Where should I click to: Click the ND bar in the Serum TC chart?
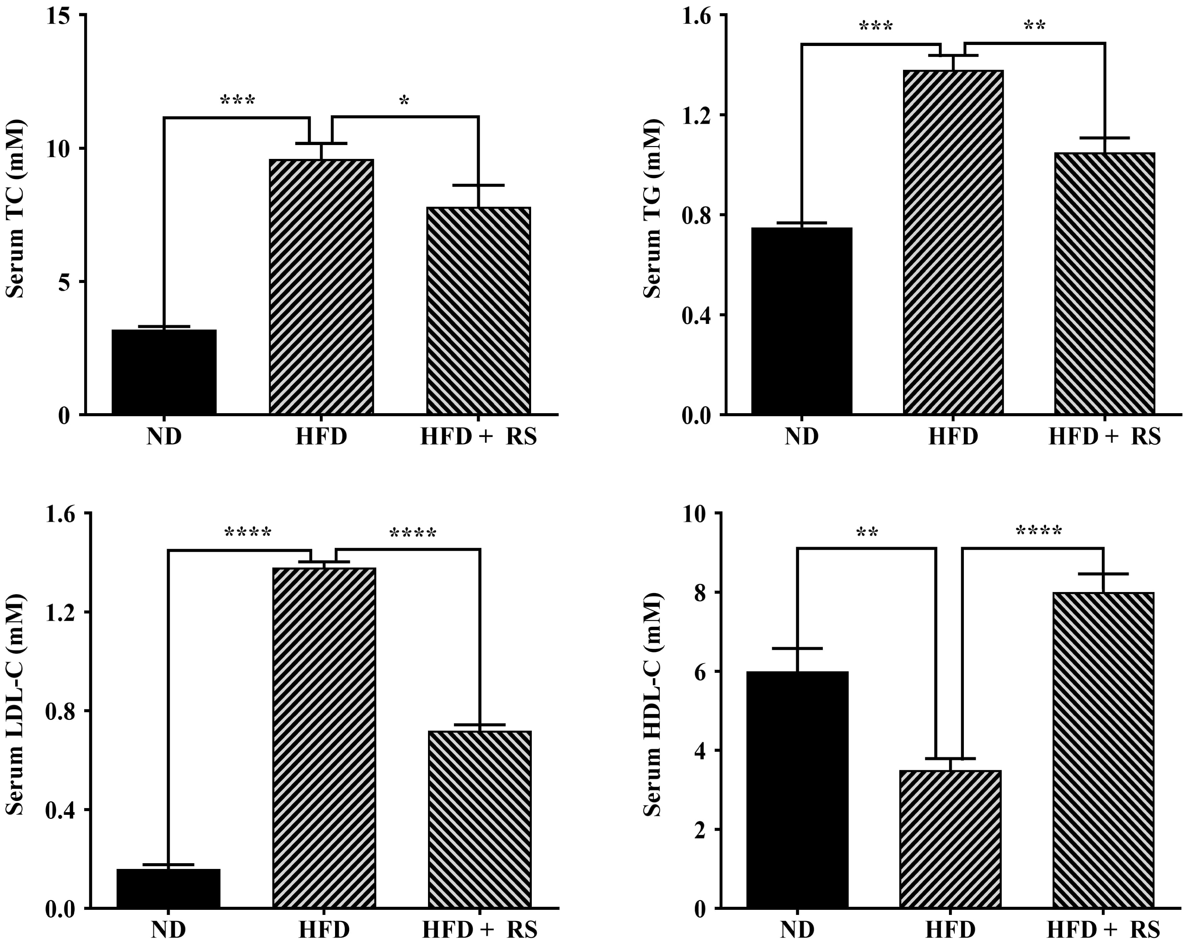(164, 372)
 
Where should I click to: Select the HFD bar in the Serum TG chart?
(953, 242)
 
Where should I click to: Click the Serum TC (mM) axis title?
(16, 209)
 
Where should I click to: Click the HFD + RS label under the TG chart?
(1104, 437)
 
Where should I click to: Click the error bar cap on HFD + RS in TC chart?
(478, 186)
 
